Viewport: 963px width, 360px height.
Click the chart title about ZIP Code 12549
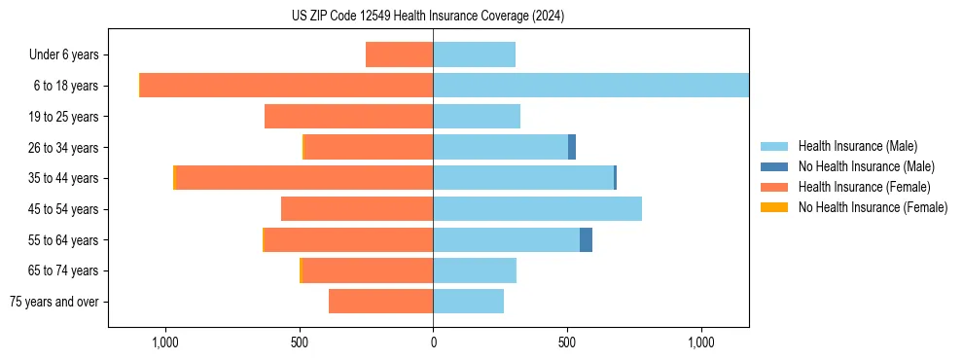point(427,16)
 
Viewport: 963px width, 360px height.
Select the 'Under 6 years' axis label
point(69,54)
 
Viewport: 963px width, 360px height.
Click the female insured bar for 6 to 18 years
point(287,86)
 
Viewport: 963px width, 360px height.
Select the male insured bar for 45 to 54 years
point(537,209)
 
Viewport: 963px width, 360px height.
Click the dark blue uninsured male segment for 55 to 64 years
point(586,239)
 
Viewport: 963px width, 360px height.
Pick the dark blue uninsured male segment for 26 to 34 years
point(572,147)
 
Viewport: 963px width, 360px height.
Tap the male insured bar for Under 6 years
point(474,54)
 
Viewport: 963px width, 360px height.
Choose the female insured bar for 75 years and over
point(380,302)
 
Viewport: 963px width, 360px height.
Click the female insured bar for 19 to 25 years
point(348,117)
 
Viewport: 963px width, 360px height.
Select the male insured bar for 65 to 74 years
point(475,270)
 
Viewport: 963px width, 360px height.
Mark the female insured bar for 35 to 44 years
point(303,178)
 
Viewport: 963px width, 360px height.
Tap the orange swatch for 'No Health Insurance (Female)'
point(774,207)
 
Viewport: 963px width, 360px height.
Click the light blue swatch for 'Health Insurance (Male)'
point(774,146)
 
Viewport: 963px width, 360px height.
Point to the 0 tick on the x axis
point(433,342)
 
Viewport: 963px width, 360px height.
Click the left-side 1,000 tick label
point(164,342)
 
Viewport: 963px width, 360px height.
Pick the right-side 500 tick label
point(567,342)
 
